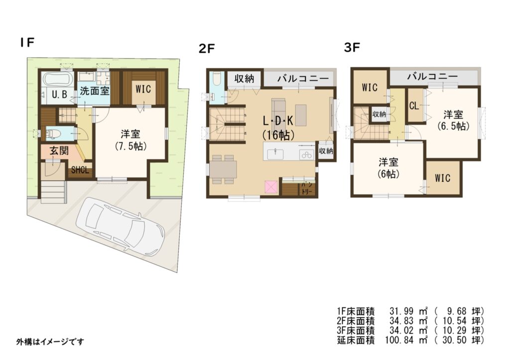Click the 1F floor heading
pos(27,42)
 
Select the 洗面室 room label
pos(95,91)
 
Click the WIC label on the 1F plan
pos(143,89)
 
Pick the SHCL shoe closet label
pos(80,170)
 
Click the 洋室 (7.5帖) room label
pos(130,140)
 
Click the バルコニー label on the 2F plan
pos(303,79)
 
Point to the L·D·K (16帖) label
pos(278,127)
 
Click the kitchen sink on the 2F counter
pos(275,154)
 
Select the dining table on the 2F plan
pos(223,169)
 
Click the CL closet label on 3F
pos(414,106)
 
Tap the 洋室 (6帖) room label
pos(388,168)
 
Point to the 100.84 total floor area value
pos(399,341)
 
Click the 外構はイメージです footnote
pos(50,342)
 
